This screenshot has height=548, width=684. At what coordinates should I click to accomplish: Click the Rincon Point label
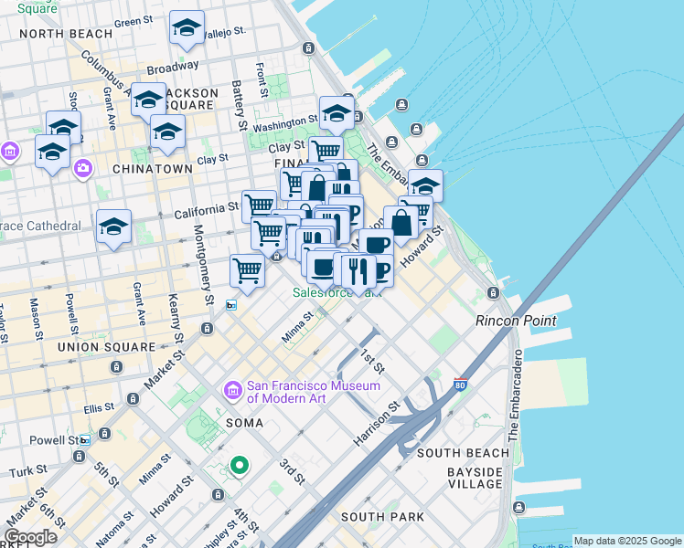516,321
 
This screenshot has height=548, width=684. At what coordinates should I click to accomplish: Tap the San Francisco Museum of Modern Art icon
232,391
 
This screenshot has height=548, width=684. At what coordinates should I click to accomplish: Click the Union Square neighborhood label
106,347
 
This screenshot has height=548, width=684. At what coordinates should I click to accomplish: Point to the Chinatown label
152,169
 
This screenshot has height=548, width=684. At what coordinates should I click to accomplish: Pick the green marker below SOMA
240,467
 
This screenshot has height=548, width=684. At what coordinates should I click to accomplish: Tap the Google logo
30,537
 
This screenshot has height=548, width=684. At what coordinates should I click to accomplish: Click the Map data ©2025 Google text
627,541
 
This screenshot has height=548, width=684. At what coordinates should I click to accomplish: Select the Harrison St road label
378,426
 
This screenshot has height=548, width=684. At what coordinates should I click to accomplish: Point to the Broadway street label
172,68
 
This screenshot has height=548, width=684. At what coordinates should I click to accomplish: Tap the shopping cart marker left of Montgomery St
247,269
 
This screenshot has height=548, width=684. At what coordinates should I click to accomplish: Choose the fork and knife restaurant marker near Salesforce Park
358,270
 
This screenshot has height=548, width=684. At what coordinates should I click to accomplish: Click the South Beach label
463,453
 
